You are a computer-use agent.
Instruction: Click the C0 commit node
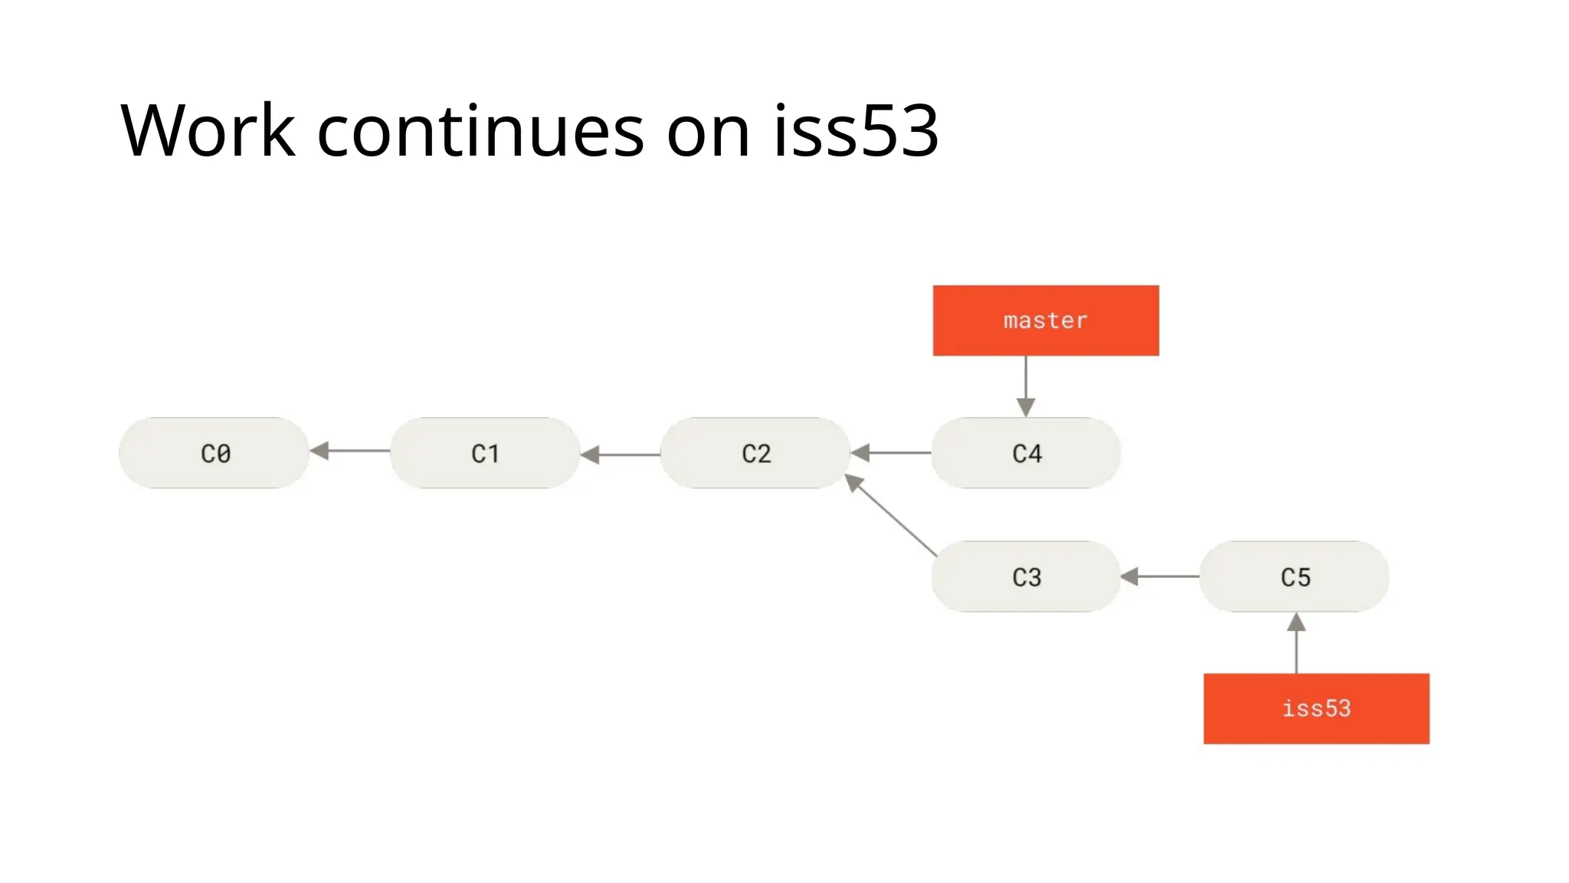coord(214,453)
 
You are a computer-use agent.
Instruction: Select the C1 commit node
coord(485,453)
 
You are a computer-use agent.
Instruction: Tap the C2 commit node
coord(755,453)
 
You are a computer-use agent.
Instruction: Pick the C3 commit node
coord(1026,576)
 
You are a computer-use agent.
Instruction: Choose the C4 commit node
coord(1026,453)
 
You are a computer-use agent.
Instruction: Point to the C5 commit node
coord(1295,576)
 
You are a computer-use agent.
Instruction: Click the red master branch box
coord(1046,320)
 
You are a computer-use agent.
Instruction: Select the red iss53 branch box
coord(1316,708)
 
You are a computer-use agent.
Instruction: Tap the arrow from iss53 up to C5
coord(1296,644)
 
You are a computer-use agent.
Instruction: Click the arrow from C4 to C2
coord(891,453)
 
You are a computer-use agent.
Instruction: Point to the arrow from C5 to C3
coord(1160,576)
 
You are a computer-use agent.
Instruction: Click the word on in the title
coord(708,132)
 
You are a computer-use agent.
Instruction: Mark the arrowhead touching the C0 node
coord(319,451)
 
